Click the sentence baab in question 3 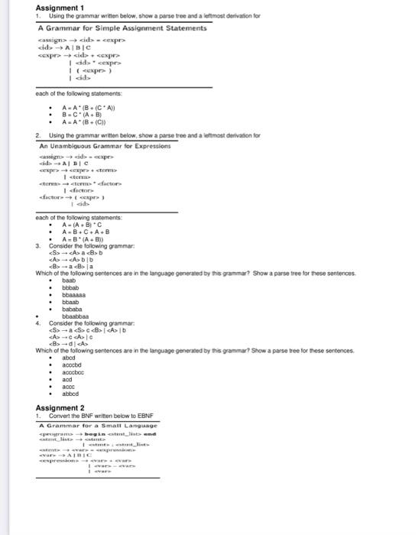pyautogui.click(x=69, y=280)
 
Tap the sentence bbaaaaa pyautogui.click(x=74, y=294)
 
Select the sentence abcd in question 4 pyautogui.click(x=69, y=357)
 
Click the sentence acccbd pyautogui.click(x=73, y=364)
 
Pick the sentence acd pyautogui.click(x=67, y=378)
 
